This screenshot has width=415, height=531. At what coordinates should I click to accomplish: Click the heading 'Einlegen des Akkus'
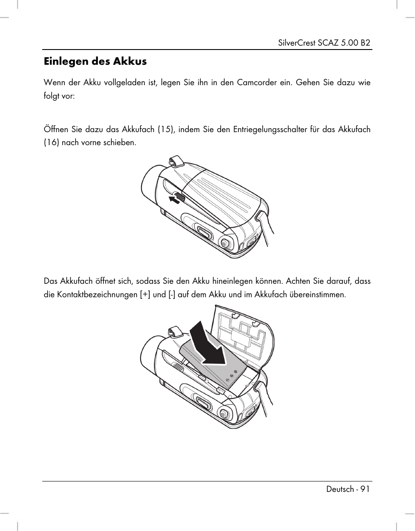(95, 62)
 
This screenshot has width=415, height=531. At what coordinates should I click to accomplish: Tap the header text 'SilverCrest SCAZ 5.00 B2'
(324, 43)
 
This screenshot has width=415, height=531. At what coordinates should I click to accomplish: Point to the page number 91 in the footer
(365, 489)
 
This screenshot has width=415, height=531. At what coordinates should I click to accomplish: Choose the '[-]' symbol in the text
(172, 294)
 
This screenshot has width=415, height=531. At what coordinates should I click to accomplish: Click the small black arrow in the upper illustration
(174, 199)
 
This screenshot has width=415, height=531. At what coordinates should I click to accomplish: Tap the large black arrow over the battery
(207, 343)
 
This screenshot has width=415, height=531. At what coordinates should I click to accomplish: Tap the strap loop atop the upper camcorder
(176, 161)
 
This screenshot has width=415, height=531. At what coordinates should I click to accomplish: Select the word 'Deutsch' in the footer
(340, 489)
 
